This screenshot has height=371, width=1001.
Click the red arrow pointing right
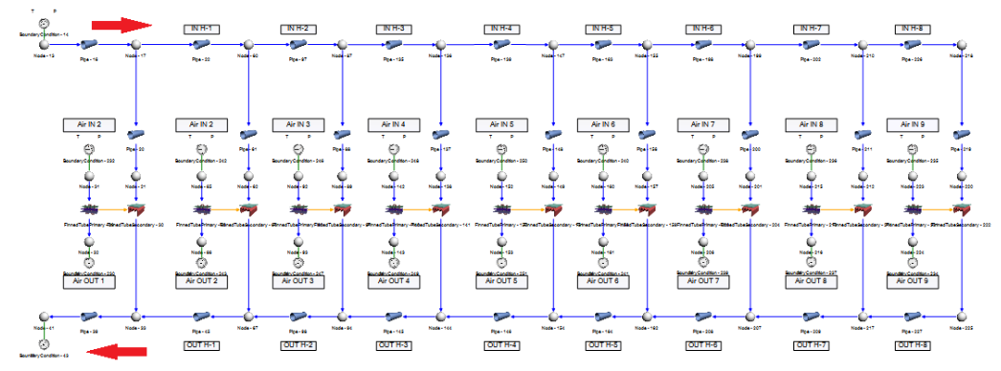122,23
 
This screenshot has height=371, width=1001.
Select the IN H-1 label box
202,29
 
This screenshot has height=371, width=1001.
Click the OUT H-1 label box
202,344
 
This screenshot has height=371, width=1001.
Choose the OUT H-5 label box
600,344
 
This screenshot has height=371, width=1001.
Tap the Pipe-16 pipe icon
94,45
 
